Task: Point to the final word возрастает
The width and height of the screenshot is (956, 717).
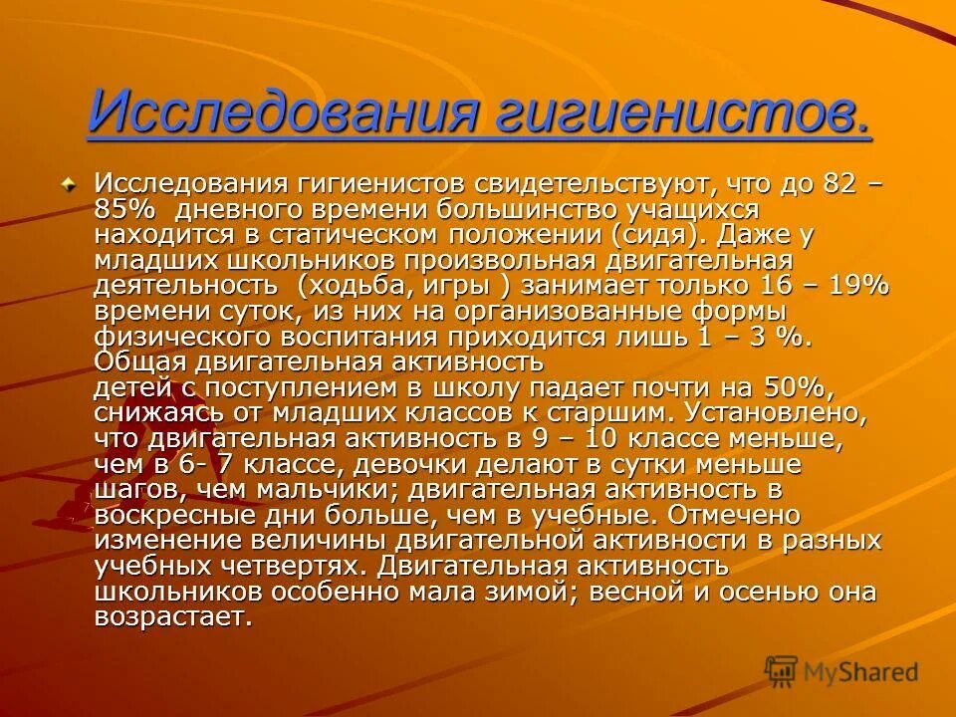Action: point(171,616)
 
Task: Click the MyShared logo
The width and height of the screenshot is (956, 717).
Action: point(841,672)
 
